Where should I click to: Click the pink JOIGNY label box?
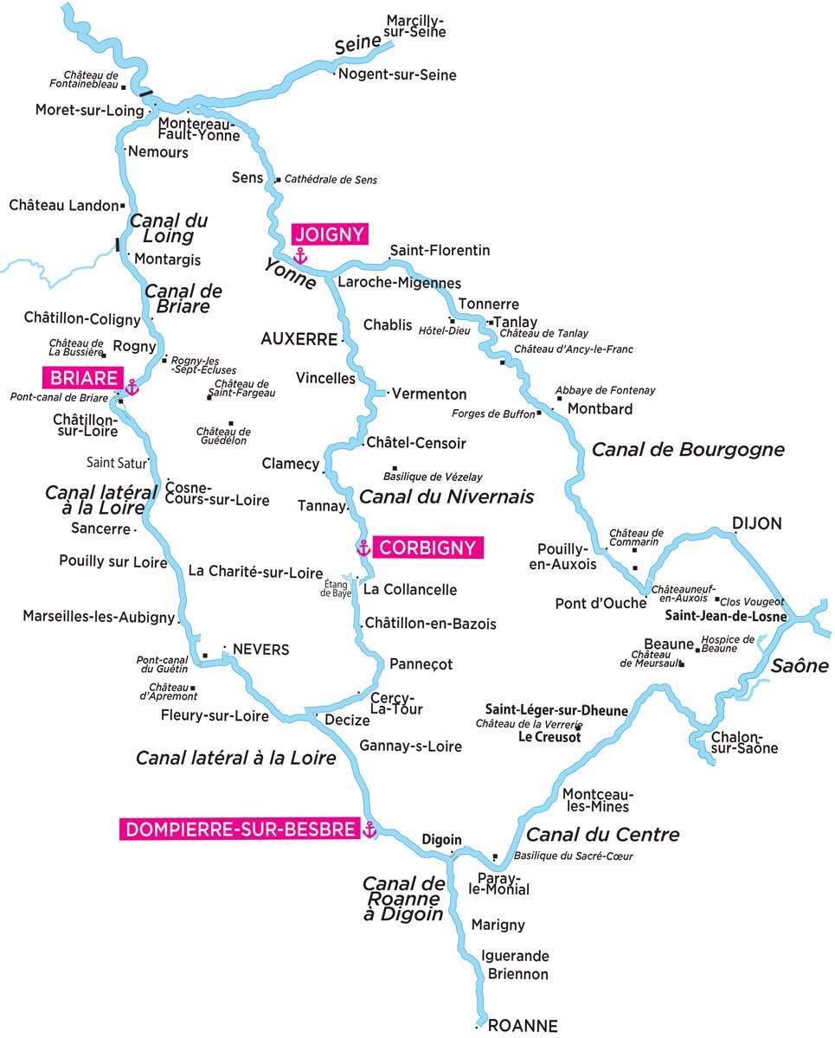point(330,234)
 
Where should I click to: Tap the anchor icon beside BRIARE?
point(132,387)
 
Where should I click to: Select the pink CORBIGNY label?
point(427,548)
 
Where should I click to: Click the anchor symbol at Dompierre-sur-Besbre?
point(369,830)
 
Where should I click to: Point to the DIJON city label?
point(756,523)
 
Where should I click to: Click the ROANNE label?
point(523,1026)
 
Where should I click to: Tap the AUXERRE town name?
point(299,340)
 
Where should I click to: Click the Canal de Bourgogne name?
point(687,450)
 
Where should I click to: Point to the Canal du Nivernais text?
point(446,497)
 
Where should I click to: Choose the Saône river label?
point(800,666)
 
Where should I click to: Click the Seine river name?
point(357,46)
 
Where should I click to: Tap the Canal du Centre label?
point(602,835)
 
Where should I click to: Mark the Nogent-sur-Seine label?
point(397,75)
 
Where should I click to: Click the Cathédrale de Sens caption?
point(331,180)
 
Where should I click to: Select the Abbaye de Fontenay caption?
point(605,390)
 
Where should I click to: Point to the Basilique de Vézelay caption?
point(433,477)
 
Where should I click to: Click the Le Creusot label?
point(549,737)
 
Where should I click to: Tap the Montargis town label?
point(168,259)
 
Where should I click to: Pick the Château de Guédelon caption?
point(222,436)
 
